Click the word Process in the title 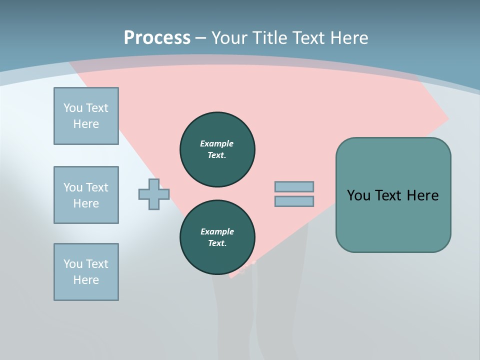point(157,38)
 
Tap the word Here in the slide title point(348,38)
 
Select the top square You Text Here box point(86,116)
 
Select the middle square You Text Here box point(86,195)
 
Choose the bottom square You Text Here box point(86,272)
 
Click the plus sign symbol point(154,194)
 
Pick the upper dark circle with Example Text point(217,149)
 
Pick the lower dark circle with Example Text point(217,237)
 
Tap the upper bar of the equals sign point(294,187)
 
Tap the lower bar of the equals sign point(294,201)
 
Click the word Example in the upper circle point(217,143)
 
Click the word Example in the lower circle point(217,231)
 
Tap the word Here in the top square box point(86,124)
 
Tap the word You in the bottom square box point(73,264)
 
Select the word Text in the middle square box point(96,187)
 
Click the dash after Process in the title point(201,38)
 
